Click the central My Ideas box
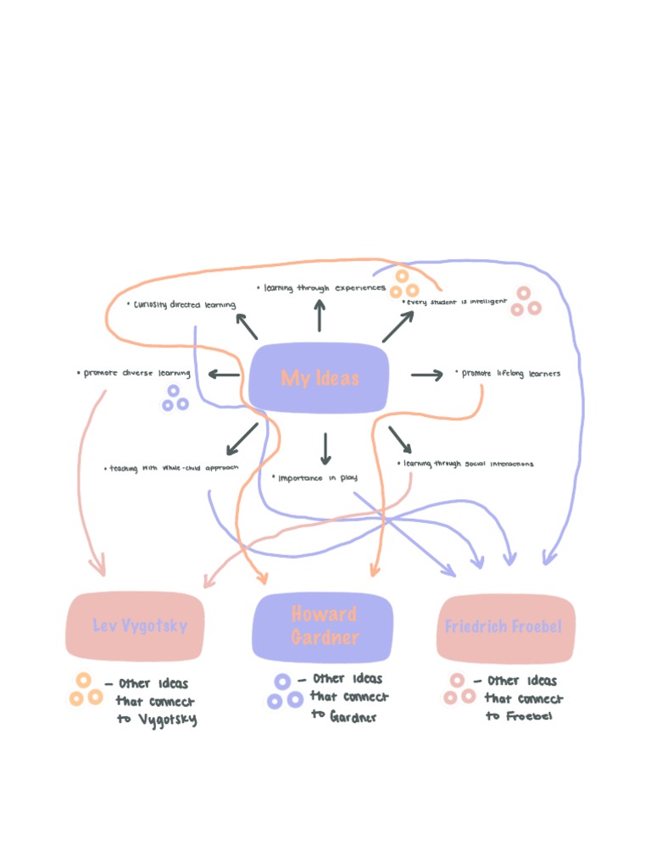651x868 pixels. pyautogui.click(x=320, y=378)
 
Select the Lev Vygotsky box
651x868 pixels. pyautogui.click(x=136, y=626)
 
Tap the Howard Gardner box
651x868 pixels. pyautogui.click(x=323, y=626)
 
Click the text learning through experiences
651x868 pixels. pyautogui.click(x=323, y=288)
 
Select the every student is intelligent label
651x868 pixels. pyautogui.click(x=455, y=301)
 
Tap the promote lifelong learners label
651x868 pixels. pyautogui.click(x=509, y=373)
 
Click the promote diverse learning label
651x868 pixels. pyautogui.click(x=133, y=373)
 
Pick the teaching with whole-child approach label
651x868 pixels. pyautogui.click(x=172, y=467)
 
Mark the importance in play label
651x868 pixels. pyautogui.click(x=314, y=478)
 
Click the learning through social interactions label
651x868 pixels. pyautogui.click(x=465, y=464)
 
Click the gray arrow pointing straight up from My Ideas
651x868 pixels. pyautogui.click(x=320, y=315)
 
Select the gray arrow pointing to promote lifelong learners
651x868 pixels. pyautogui.click(x=427, y=375)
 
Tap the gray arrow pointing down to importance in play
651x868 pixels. pyautogui.click(x=325, y=448)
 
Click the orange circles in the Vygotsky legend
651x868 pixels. pyautogui.click(x=85, y=691)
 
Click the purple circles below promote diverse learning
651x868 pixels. pyautogui.click(x=175, y=398)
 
